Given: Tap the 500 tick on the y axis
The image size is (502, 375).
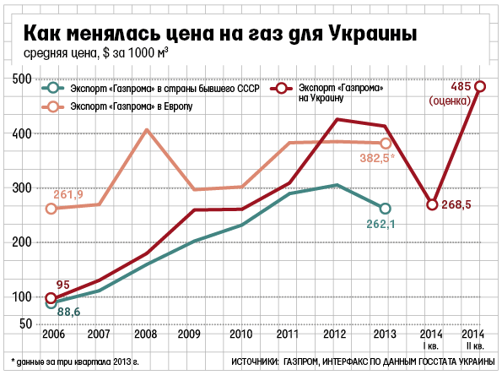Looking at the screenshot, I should [21, 79].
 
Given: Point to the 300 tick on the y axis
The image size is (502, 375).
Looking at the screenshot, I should [21, 187].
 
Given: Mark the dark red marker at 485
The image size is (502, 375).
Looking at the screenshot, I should [480, 86].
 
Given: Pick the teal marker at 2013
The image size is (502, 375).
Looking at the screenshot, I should [386, 209].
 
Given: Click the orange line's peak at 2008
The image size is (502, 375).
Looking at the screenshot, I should [146, 130].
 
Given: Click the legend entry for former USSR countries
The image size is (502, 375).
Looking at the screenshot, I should [152, 89].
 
